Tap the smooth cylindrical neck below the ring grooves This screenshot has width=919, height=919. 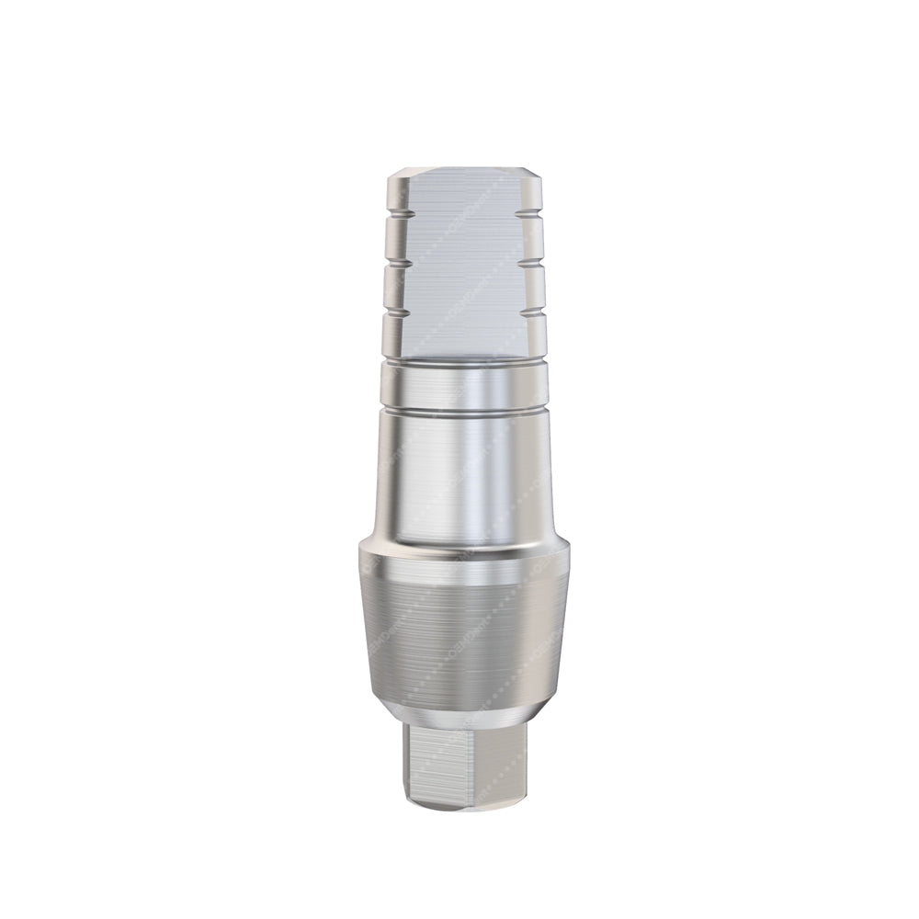click(x=459, y=469)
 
